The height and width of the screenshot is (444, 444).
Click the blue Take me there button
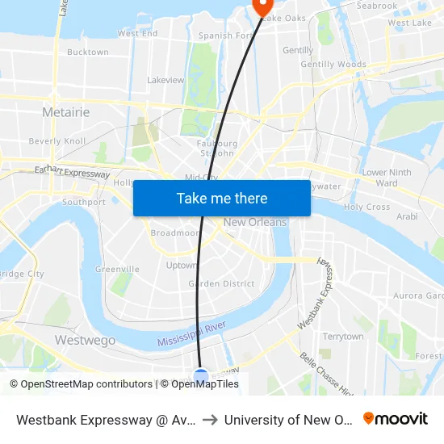point(222,199)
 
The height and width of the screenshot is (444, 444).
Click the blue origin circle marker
point(201,376)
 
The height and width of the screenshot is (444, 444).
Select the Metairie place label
point(65,112)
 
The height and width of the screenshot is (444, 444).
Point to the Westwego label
point(84,341)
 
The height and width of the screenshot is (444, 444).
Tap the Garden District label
point(221,284)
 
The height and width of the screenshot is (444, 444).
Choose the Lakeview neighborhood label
point(166,81)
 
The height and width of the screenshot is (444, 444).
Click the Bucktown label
point(87,52)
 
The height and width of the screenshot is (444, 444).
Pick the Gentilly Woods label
point(333,65)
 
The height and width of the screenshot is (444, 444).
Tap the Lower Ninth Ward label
point(387,178)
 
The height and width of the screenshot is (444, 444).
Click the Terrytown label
point(342,337)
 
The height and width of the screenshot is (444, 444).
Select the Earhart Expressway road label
point(72,172)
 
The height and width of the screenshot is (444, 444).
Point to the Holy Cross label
point(367,207)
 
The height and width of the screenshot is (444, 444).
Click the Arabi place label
point(407,217)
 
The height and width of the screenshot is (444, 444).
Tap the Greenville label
point(117,270)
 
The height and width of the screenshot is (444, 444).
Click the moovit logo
point(395,419)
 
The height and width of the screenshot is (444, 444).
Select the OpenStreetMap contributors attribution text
point(81,384)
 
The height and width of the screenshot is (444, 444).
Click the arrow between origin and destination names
point(209,420)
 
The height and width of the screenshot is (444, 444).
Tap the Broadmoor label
point(174,233)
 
